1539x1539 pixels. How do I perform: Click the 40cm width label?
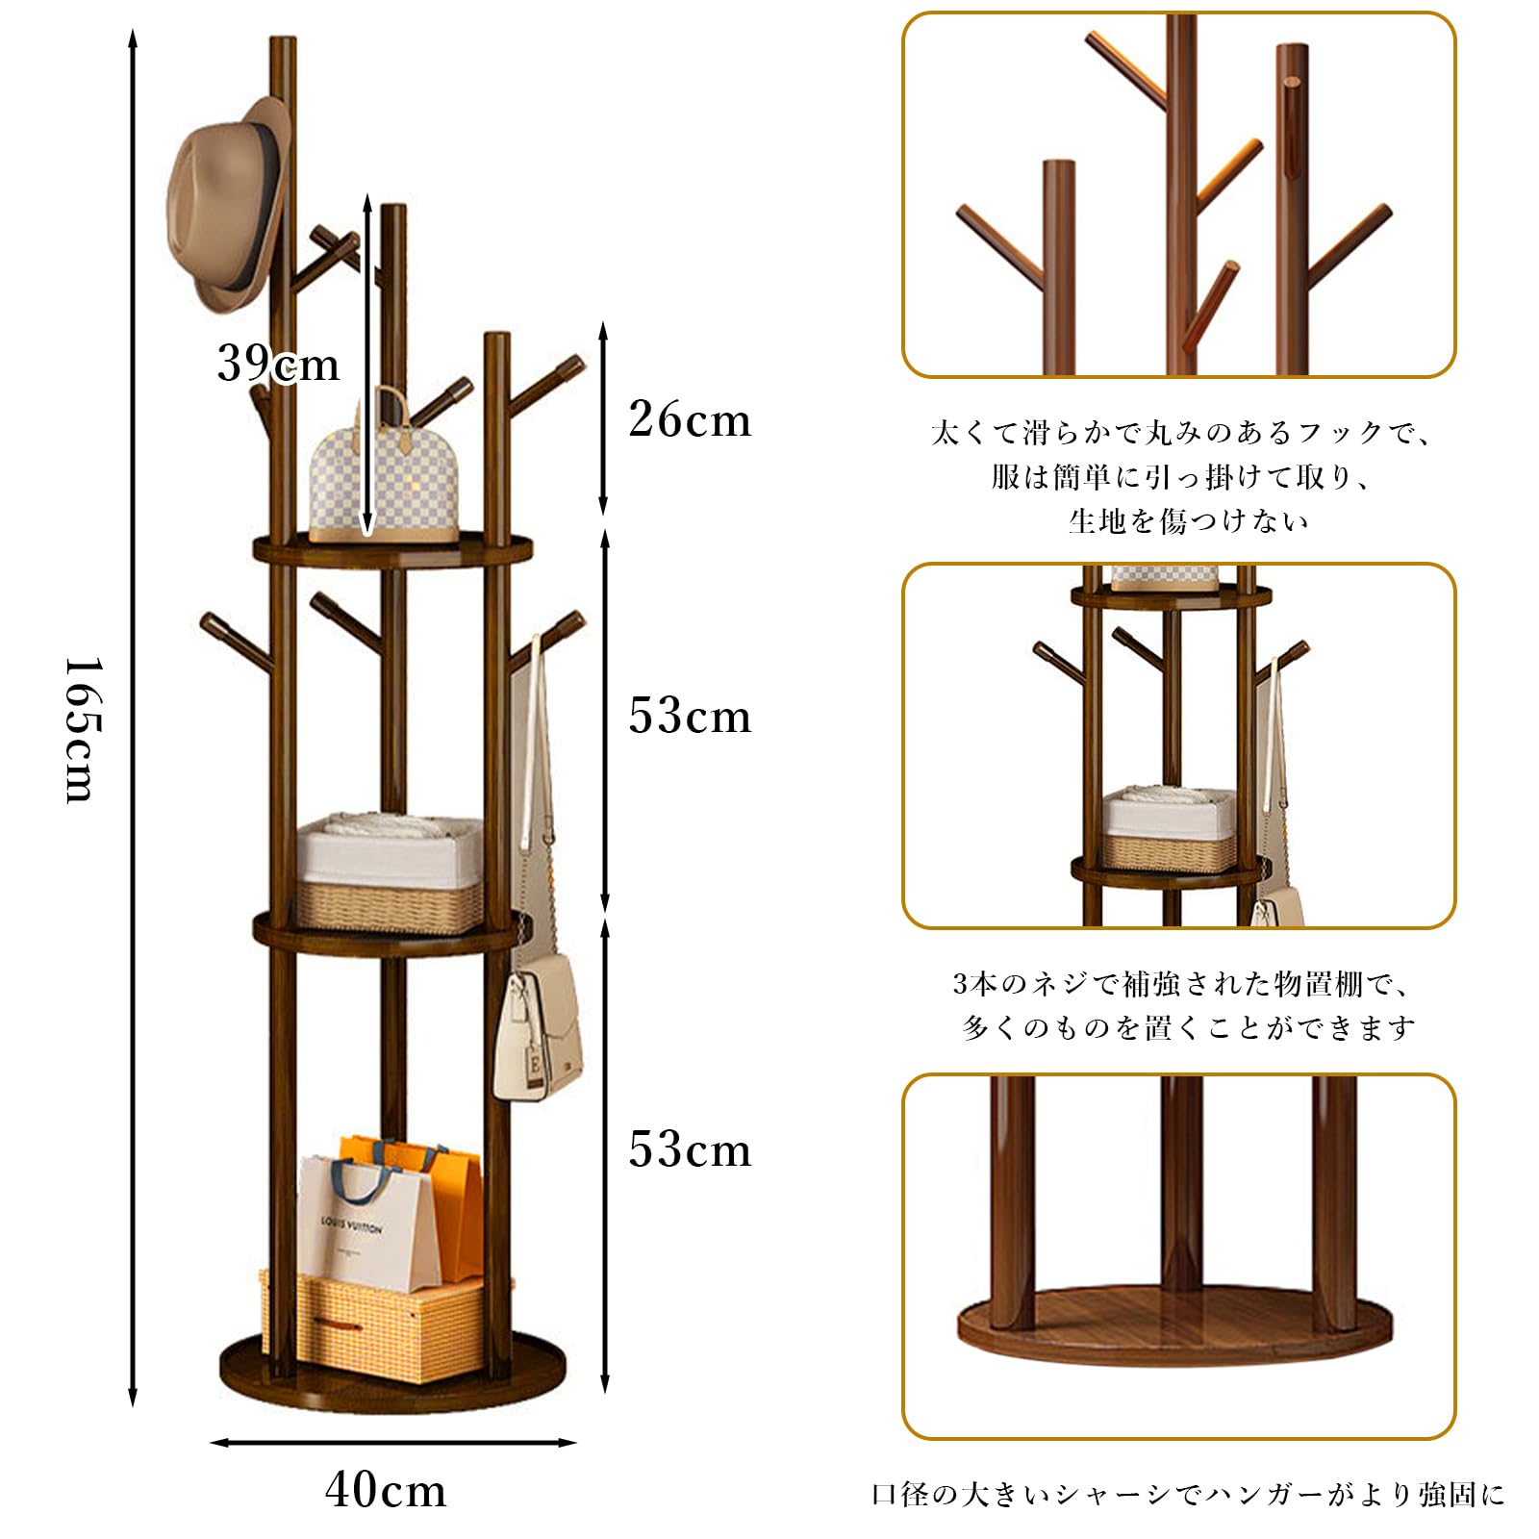point(386,1490)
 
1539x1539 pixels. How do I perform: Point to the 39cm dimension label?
point(278,364)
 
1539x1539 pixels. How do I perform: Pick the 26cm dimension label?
point(690,419)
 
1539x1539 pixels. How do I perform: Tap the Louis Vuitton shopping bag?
point(356,1222)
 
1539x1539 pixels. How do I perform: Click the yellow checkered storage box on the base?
point(375,1323)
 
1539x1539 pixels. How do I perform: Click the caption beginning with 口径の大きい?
point(1188,1494)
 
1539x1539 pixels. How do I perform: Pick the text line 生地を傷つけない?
point(1188,521)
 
